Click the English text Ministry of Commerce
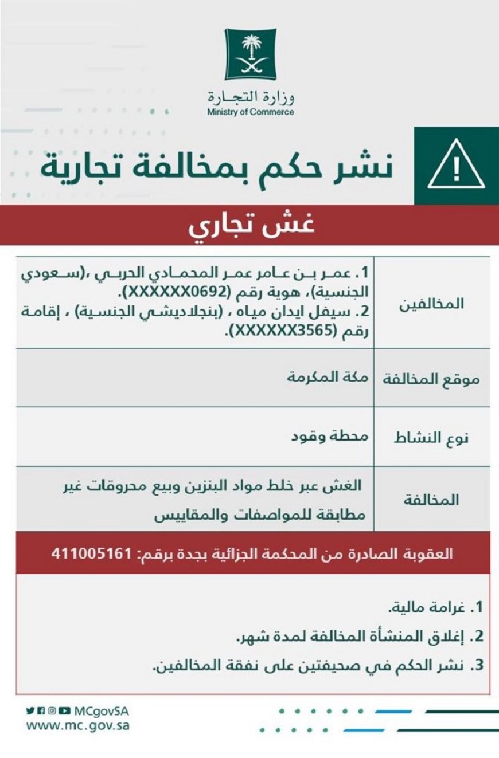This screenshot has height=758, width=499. pyautogui.click(x=251, y=112)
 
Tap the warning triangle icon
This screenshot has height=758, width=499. pyautogui.click(x=456, y=167)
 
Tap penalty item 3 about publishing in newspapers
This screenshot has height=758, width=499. pyautogui.click(x=321, y=666)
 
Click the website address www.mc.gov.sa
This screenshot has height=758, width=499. pyautogui.click(x=77, y=725)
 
